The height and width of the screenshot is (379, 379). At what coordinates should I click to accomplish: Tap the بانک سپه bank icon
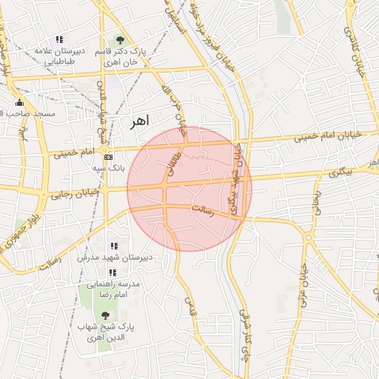[x=108, y=157]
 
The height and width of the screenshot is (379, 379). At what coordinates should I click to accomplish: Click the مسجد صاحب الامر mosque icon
[x=19, y=103]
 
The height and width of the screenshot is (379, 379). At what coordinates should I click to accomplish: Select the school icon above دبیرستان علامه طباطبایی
[x=59, y=39]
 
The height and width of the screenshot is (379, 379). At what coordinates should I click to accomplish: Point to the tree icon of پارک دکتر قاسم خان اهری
[x=120, y=41]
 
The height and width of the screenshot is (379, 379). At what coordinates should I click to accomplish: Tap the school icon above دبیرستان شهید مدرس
[x=113, y=246]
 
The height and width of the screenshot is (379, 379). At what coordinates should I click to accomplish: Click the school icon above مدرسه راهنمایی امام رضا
[x=112, y=272]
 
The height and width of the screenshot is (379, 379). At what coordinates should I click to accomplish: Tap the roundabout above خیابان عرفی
[x=308, y=238]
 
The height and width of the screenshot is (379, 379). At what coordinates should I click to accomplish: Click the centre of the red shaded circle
[x=189, y=189]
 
